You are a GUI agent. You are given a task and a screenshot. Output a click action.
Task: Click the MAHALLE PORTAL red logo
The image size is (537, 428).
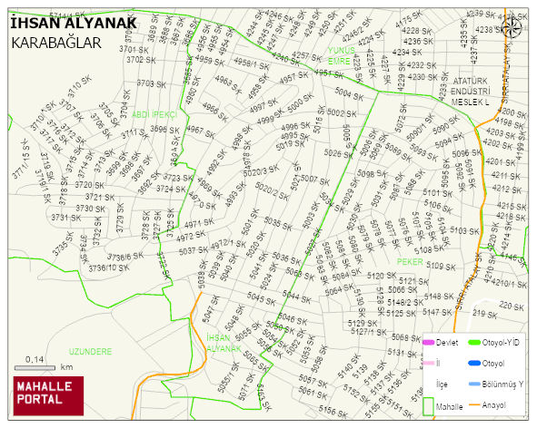pos(46,395)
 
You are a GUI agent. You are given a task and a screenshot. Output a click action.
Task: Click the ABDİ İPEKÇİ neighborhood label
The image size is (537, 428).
pos(153,115)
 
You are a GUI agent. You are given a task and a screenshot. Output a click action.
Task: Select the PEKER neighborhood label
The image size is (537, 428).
pos(411,261)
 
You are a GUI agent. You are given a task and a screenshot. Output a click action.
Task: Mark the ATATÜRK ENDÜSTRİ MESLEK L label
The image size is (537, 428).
pos(471,92)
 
